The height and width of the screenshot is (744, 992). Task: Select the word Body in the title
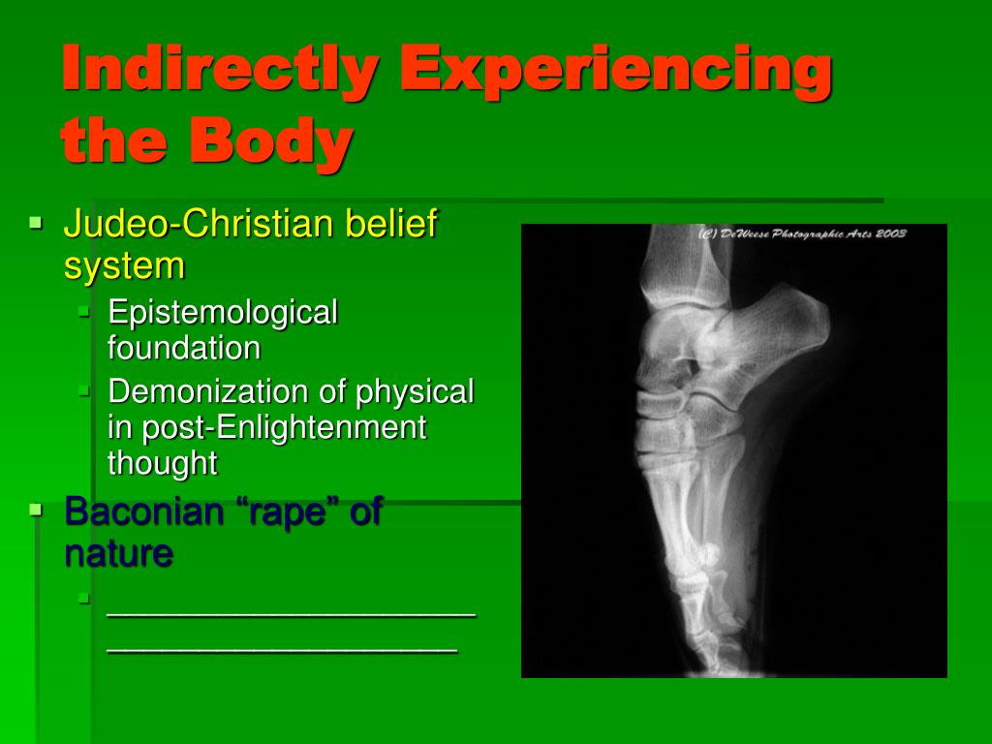coord(270,140)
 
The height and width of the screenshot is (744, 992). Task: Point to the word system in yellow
coord(124,266)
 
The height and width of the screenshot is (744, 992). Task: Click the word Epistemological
coord(223,314)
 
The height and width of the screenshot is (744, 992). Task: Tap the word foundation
coord(184,348)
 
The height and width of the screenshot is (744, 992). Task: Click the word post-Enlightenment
coord(284,428)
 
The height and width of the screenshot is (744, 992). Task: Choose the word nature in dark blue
coord(118,553)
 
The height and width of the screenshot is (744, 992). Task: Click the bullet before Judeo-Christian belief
coord(36,223)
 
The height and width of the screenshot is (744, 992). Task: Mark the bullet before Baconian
coord(36,509)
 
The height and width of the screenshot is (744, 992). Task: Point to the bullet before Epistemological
coord(84,311)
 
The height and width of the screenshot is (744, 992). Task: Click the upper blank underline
coord(291,614)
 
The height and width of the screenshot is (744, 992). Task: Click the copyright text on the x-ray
coord(802,233)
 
